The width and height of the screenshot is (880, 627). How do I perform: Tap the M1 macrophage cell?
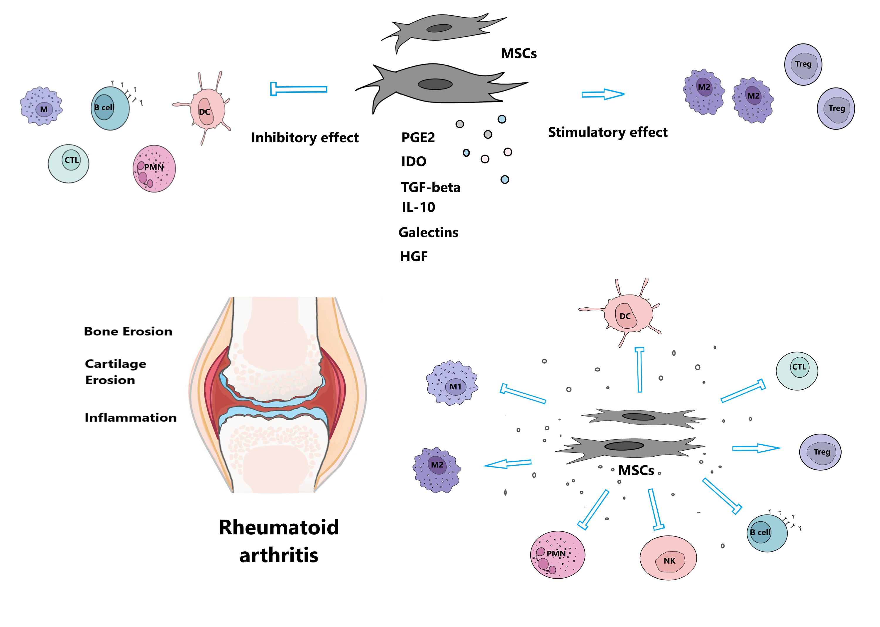click(x=452, y=383)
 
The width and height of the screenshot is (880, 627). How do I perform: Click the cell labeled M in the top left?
click(x=41, y=106)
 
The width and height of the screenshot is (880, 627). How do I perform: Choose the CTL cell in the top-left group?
click(x=69, y=163)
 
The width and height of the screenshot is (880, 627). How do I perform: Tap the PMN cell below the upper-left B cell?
click(x=154, y=169)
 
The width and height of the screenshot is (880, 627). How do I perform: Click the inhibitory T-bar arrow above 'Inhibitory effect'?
click(x=298, y=89)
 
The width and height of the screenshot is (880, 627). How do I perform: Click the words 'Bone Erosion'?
click(x=128, y=331)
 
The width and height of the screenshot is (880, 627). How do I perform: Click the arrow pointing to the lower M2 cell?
click(x=507, y=464)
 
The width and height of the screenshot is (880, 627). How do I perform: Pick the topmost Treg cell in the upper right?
click(x=803, y=65)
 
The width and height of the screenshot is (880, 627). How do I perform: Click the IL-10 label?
click(x=418, y=207)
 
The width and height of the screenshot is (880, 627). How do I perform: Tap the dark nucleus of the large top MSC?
click(x=435, y=84)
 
